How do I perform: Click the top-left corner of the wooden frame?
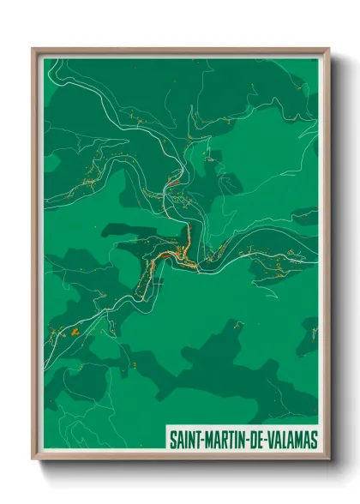pyautogui.click(x=33, y=49)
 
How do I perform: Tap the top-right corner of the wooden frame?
pyautogui.click(x=328, y=49)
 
